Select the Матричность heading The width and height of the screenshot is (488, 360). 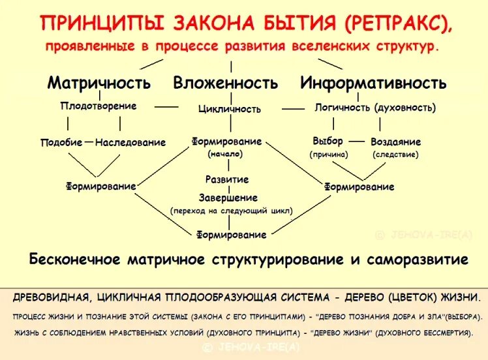click(x=99, y=83)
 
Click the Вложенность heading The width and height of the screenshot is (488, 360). click(x=226, y=83)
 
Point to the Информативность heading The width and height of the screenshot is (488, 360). click(x=373, y=83)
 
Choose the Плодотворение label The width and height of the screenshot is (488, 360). click(x=99, y=106)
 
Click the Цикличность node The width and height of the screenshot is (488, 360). click(x=230, y=109)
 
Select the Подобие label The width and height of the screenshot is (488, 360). click(x=61, y=142)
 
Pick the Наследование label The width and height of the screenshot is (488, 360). click(x=130, y=142)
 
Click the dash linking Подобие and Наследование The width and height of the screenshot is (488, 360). click(x=89, y=142)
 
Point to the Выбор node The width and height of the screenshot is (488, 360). click(x=328, y=141)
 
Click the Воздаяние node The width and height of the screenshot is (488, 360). click(x=396, y=142)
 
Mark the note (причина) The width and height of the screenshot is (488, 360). click(x=329, y=155)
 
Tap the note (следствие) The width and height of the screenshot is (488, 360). click(x=396, y=155)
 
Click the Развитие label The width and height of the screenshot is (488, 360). click(x=227, y=179)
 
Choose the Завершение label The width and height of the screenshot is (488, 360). click(x=228, y=198)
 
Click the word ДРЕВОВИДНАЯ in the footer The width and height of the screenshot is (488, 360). click(x=51, y=297)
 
